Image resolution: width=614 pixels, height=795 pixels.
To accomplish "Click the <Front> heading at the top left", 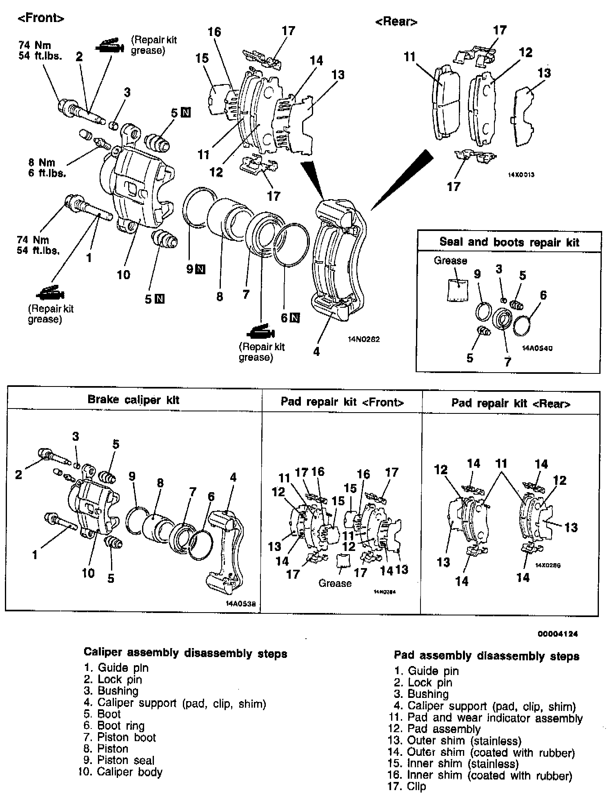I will pyautogui.click(x=41, y=18).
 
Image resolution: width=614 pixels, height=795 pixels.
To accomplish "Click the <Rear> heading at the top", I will pyautogui.click(x=396, y=22).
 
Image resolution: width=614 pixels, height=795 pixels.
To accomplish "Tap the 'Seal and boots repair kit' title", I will pyautogui.click(x=509, y=242).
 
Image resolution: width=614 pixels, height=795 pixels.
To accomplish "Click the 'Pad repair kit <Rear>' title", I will pyautogui.click(x=510, y=403).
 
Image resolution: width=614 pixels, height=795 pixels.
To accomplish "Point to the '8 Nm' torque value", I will pyautogui.click(x=41, y=162).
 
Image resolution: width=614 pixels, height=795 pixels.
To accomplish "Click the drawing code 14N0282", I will pyautogui.click(x=364, y=339).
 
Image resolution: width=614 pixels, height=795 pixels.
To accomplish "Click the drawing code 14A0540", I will pyautogui.click(x=538, y=348).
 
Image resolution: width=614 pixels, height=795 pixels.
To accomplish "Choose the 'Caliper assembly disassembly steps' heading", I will pyautogui.click(x=185, y=653).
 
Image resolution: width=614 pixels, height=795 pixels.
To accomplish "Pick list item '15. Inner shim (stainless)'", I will pyautogui.click(x=453, y=763).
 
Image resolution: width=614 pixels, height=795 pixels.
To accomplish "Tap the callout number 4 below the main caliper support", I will pyautogui.click(x=316, y=351).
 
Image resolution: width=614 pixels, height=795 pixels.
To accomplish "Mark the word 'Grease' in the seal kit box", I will pyautogui.click(x=450, y=260).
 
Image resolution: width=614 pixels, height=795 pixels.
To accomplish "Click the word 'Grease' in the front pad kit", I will pyautogui.click(x=335, y=583).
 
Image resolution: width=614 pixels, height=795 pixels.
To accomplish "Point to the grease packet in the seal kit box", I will pyautogui.click(x=458, y=289).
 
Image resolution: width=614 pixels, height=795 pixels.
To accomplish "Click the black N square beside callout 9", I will pyautogui.click(x=200, y=269).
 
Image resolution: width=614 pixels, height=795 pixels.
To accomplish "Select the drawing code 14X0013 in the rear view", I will pyautogui.click(x=521, y=174).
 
